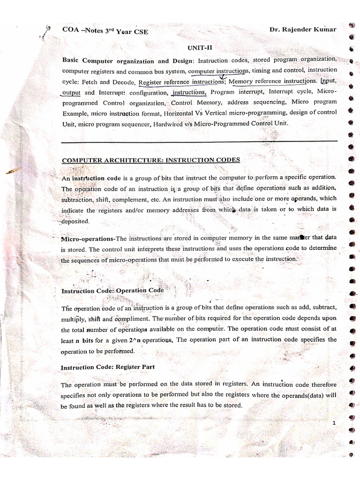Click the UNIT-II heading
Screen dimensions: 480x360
click(197, 47)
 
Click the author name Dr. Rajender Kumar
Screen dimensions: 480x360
click(303, 30)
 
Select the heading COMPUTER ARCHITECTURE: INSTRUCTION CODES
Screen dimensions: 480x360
click(151, 160)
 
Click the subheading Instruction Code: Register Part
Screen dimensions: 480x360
click(108, 367)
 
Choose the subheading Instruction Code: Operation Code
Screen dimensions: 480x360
click(112, 291)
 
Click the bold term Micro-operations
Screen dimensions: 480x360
click(88, 238)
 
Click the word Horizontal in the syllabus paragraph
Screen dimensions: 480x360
click(181, 113)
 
